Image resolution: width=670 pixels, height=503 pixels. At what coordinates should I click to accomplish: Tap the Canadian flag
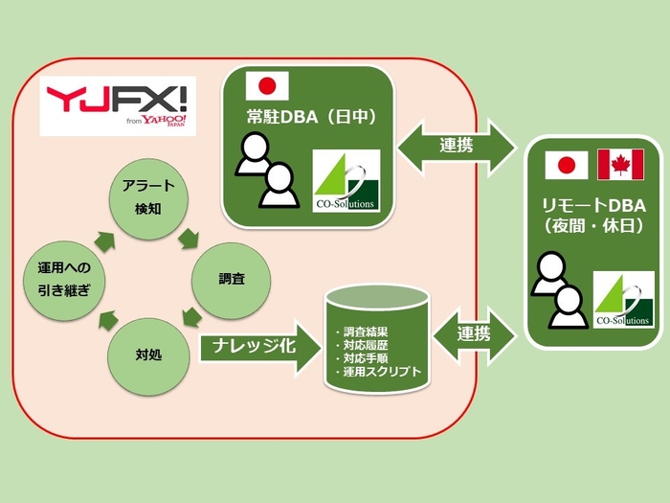coord(620,165)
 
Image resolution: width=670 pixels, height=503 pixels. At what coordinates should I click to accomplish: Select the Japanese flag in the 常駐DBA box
coord(267,87)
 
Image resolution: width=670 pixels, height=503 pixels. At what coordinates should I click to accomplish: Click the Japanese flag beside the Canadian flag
coord(566,165)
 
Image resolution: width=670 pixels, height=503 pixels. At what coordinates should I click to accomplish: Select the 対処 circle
coord(148,354)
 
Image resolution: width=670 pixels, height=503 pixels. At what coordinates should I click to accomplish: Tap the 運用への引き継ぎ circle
coord(63,279)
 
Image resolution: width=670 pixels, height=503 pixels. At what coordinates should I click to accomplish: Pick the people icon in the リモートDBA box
coord(560,288)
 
